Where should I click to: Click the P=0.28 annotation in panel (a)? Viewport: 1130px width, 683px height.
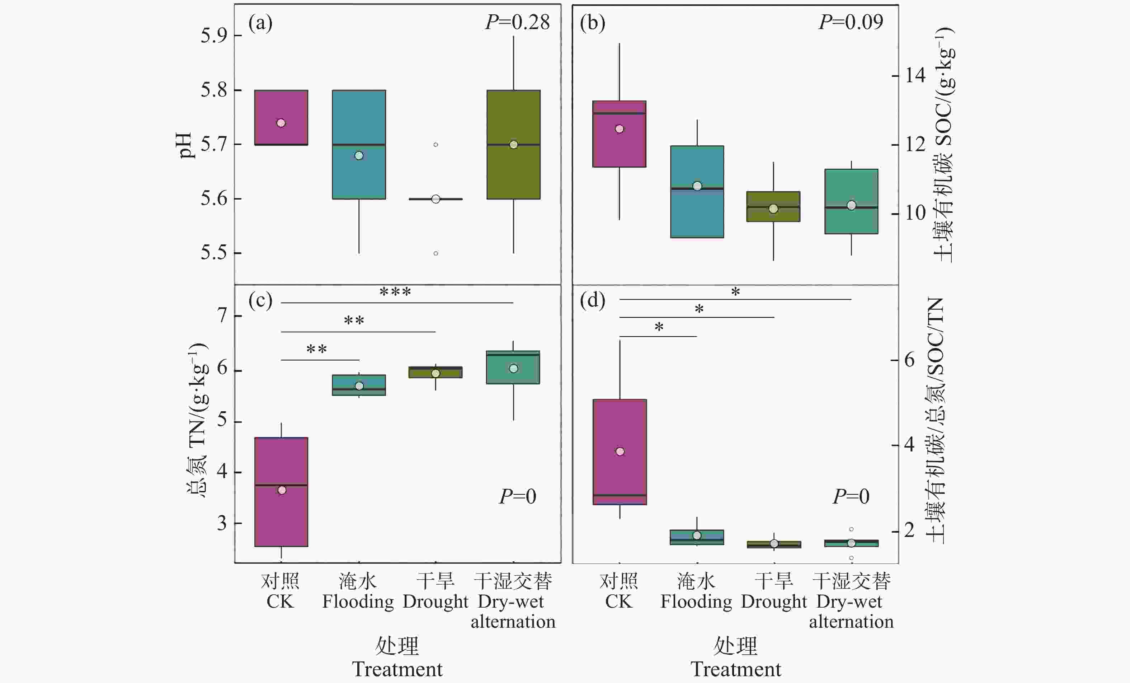(517, 22)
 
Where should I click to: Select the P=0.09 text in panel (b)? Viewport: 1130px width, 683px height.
(851, 22)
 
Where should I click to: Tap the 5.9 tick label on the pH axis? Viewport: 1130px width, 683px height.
(214, 36)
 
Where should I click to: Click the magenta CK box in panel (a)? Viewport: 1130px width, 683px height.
(281, 117)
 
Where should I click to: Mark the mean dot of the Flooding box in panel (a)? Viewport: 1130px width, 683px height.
(359, 155)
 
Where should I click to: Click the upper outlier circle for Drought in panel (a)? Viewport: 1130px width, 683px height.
(435, 145)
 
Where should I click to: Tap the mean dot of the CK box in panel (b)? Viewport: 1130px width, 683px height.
(620, 129)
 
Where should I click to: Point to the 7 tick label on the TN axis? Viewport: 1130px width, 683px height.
(222, 316)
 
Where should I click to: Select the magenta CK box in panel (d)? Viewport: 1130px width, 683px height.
(620, 452)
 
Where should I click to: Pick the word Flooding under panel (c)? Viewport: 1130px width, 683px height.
(358, 602)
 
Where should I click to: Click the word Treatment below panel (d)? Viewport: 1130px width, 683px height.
(736, 669)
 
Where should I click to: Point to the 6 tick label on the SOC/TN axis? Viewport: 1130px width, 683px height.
(909, 360)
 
